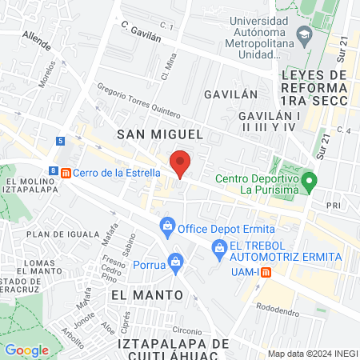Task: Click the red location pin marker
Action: [181, 163]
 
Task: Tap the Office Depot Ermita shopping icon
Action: [167, 225]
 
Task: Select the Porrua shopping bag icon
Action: [176, 260]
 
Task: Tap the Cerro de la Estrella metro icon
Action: [66, 172]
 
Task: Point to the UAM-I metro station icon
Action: [266, 272]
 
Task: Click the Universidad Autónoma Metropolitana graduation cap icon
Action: [304, 34]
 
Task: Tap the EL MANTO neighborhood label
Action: [142, 295]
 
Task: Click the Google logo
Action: [27, 350]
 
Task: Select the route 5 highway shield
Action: [61, 141]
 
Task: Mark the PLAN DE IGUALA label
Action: [56, 234]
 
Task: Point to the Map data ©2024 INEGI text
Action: [312, 354]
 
